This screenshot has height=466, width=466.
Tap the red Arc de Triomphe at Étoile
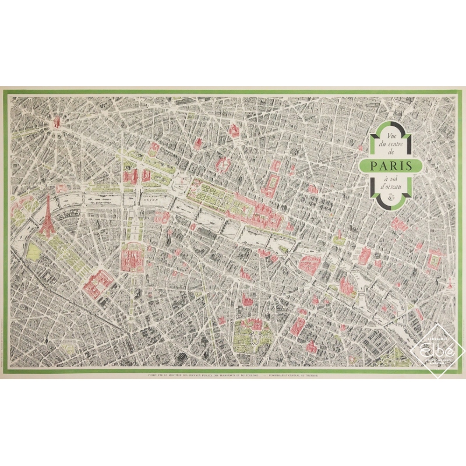click(57, 123)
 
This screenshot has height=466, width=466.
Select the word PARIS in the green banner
click(391, 165)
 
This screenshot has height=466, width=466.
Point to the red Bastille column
click(450, 284)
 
